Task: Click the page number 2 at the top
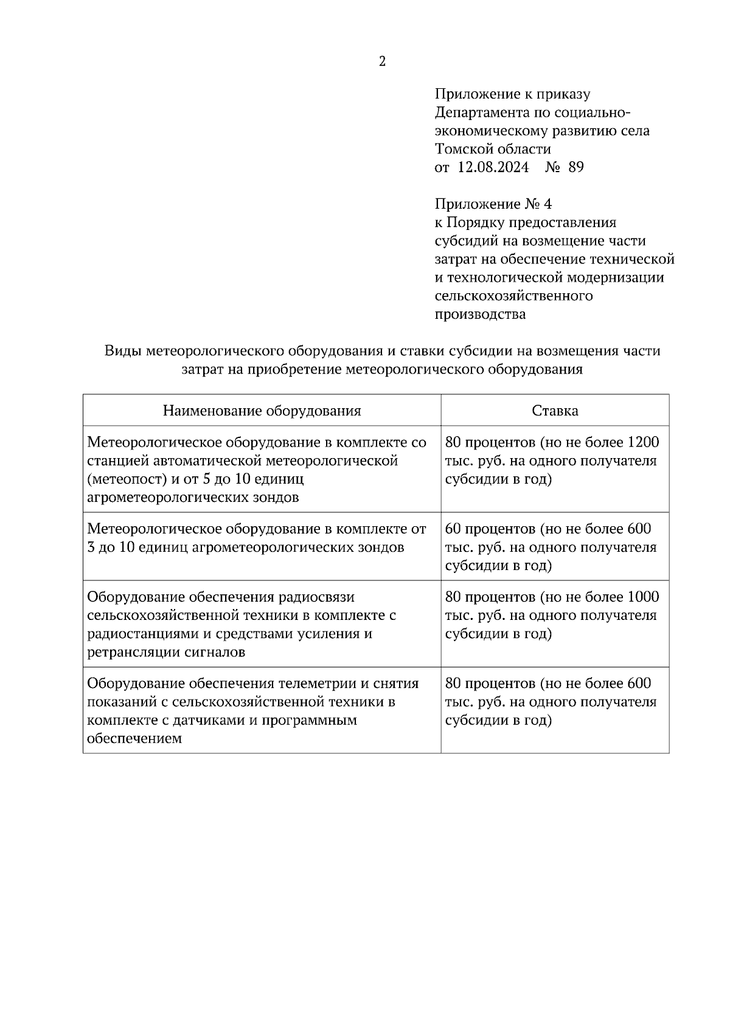coord(382,61)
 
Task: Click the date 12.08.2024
coord(493,167)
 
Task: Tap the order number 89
coord(575,167)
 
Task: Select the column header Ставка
coord(555,411)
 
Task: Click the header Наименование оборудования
coord(262,411)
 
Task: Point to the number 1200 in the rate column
coord(642,442)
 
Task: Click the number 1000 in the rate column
coord(642,597)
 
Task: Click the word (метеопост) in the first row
coord(128,479)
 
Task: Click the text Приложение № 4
coord(493,204)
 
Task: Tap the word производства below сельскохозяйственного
coord(480,315)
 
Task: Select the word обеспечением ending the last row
coord(134,739)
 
